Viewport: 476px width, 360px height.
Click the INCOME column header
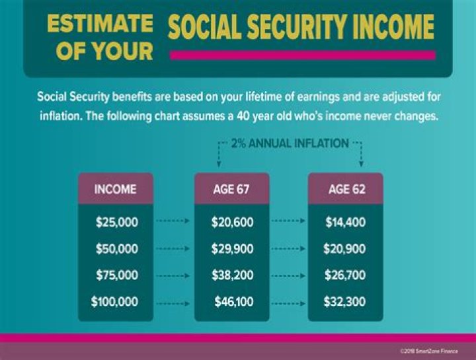pyautogui.click(x=115, y=189)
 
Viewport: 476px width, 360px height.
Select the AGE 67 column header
pyautogui.click(x=231, y=189)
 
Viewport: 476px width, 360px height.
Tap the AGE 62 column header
pyautogui.click(x=346, y=189)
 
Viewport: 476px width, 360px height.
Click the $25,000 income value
pyautogui.click(x=117, y=222)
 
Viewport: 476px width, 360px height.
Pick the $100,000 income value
pyautogui.click(x=114, y=302)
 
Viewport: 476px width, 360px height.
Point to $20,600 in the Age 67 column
pyautogui.click(x=232, y=222)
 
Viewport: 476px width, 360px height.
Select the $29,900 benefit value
pyautogui.click(x=232, y=249)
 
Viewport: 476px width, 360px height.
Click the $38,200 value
pyautogui.click(x=232, y=275)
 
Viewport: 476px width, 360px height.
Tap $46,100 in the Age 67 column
pyautogui.click(x=233, y=302)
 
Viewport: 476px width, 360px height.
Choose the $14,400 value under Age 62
pyautogui.click(x=345, y=222)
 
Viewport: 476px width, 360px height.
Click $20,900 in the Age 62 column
pyautogui.click(x=344, y=249)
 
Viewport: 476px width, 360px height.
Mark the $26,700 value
pyautogui.click(x=344, y=275)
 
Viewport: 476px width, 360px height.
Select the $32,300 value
pyautogui.click(x=344, y=302)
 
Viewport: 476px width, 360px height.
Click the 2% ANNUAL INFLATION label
pyautogui.click(x=289, y=143)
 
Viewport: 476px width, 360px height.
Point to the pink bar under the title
pyautogui.click(x=302, y=55)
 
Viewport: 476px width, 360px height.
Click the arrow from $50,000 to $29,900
pyautogui.click(x=173, y=249)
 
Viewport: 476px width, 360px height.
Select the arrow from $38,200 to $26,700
pyautogui.click(x=289, y=275)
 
